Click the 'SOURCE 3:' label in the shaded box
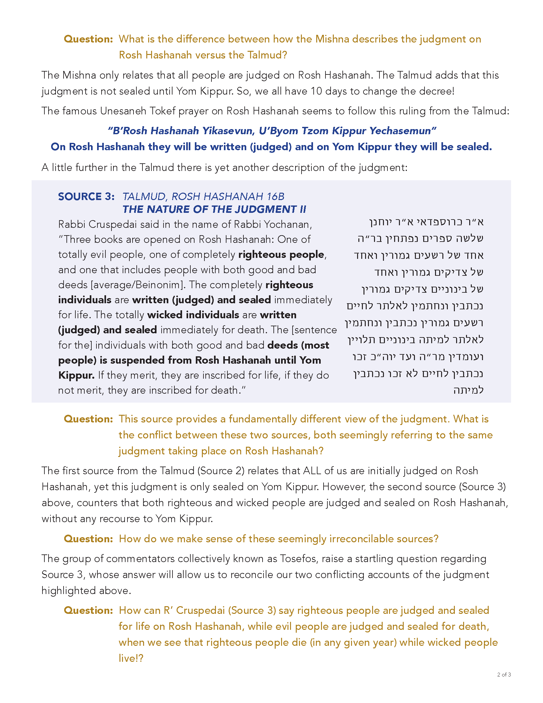[x=86, y=196]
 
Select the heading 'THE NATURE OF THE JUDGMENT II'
[x=214, y=209]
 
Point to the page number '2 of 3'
[x=504, y=674]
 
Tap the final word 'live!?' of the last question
[x=131, y=658]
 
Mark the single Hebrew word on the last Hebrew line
[x=468, y=390]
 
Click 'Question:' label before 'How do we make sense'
[x=88, y=538]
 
